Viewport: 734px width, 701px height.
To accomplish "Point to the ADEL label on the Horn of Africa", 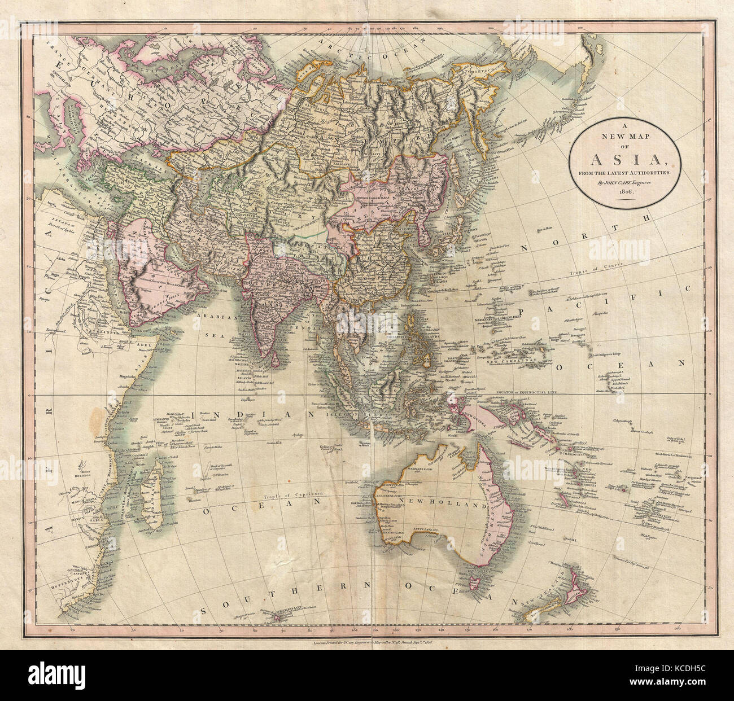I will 135,341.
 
